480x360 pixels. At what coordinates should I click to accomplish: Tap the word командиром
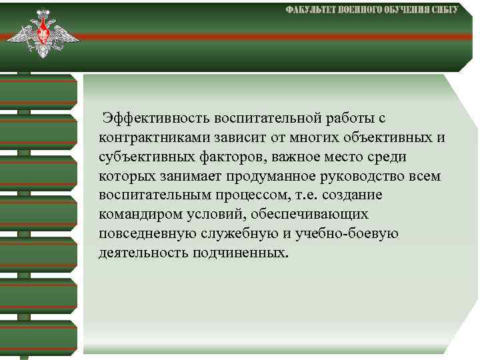[x=135, y=215]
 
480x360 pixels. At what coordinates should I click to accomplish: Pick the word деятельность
[x=143, y=253]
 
